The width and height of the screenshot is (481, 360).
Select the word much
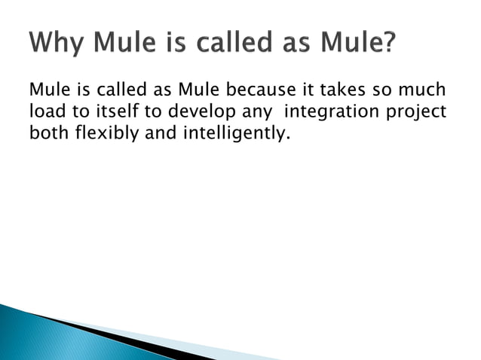tap(423, 91)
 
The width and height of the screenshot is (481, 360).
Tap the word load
tap(44, 114)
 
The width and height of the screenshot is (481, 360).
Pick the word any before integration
tap(246, 114)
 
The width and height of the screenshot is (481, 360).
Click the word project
tap(418, 114)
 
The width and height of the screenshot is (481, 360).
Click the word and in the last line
tap(155, 136)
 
